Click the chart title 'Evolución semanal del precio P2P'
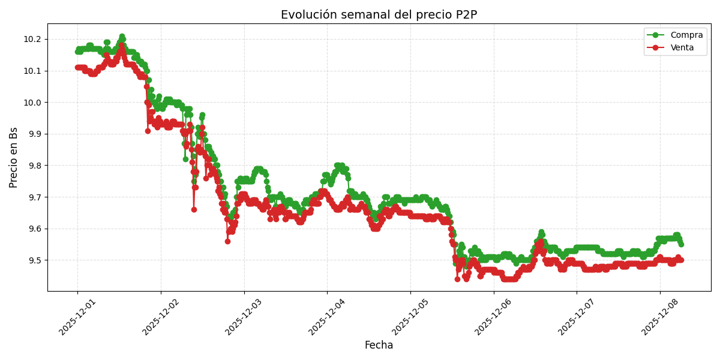coord(379,15)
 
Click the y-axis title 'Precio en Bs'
coord(14,157)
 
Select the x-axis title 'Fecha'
coord(379,346)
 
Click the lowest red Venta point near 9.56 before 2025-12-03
coord(227,241)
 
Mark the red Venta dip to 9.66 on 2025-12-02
coord(194,209)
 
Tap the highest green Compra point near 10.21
coord(122,37)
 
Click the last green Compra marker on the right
coord(681,244)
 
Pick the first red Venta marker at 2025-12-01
coord(77,67)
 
